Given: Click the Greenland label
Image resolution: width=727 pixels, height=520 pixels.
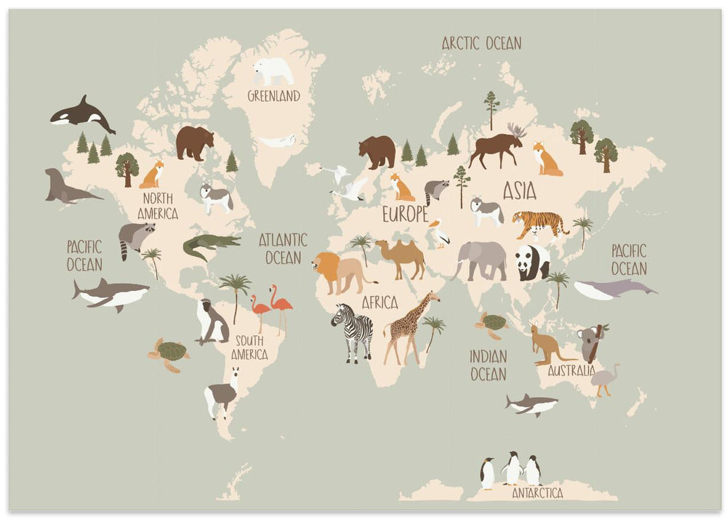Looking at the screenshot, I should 273,96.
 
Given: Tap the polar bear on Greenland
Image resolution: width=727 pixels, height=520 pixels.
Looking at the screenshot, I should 273,71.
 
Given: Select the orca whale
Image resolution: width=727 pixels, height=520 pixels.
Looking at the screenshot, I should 81,115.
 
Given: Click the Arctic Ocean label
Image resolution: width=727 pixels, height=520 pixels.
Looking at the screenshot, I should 481,43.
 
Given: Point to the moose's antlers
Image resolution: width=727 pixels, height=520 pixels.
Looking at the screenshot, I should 517,130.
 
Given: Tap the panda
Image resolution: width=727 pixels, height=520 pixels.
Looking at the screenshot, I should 533,262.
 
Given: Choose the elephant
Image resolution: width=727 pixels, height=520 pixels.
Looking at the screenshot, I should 481,260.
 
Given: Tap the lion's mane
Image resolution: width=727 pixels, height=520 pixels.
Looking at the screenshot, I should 327,268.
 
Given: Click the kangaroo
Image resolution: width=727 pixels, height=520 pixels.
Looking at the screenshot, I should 547,345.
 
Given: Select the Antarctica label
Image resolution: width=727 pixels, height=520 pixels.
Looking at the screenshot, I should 537,492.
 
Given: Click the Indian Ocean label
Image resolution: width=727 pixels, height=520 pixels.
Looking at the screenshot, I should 488,365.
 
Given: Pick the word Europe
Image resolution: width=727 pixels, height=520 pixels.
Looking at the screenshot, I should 405,214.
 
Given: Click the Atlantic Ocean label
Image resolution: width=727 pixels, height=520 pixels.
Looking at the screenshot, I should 283,248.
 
